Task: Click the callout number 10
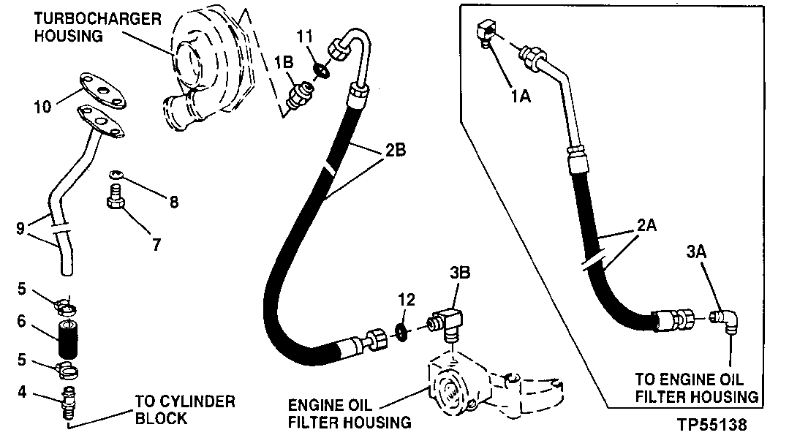(42, 107)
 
